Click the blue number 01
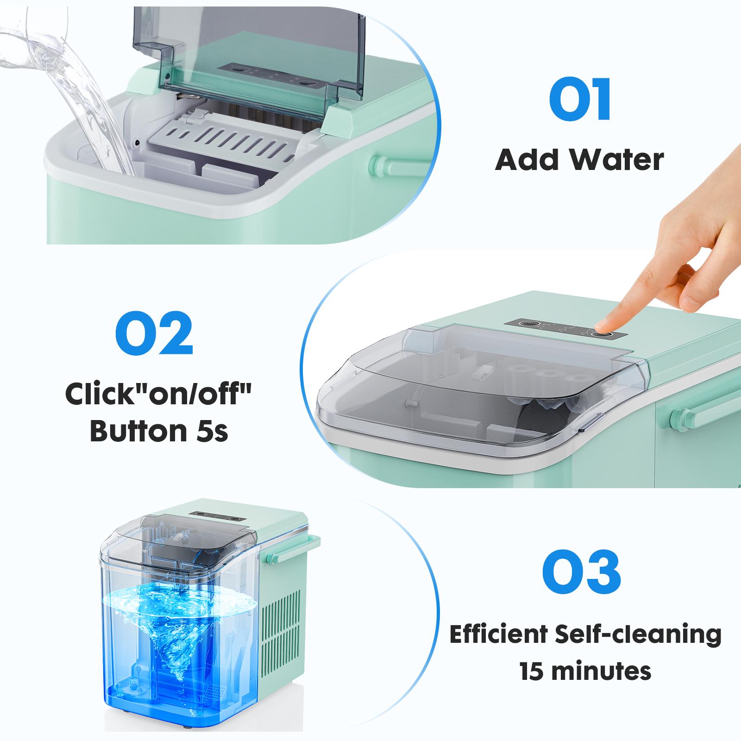(580, 100)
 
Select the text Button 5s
(159, 431)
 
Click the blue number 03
(581, 571)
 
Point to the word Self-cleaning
(644, 634)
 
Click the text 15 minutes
(585, 671)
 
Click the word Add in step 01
(526, 161)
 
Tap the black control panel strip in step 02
(565, 329)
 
